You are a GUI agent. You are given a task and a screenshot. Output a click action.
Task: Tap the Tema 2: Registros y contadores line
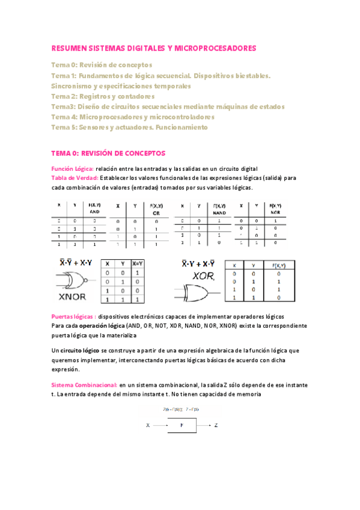[103, 96]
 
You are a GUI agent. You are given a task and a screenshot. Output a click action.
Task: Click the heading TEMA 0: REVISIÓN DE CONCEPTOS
[108, 153]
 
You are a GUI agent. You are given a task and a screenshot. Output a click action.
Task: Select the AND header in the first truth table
[94, 212]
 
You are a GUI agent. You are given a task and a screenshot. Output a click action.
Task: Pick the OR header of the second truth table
[155, 214]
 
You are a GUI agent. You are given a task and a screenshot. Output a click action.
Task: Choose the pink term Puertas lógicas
[73, 316]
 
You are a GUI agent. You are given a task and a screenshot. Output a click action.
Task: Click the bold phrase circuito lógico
[80, 350]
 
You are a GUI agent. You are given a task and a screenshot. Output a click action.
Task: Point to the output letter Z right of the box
[216, 425]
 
